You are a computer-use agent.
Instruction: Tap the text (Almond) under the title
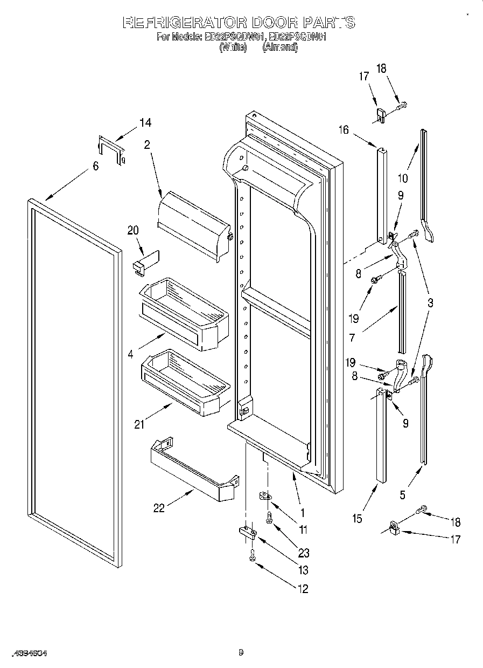tap(279, 47)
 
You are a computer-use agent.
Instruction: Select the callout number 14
tap(145, 122)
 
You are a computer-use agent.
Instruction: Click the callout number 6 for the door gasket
tap(95, 167)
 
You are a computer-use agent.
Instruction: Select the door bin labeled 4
tap(185, 313)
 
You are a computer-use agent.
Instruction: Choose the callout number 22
tap(159, 508)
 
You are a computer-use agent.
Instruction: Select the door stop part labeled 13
tap(247, 532)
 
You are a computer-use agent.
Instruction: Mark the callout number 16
tap(344, 130)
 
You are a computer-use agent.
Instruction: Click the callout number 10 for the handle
tap(403, 178)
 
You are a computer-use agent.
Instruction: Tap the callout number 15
tap(357, 519)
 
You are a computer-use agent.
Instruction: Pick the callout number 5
tap(403, 494)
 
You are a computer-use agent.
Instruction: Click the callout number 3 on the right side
tap(430, 303)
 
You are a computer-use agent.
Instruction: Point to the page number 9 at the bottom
tap(241, 652)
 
